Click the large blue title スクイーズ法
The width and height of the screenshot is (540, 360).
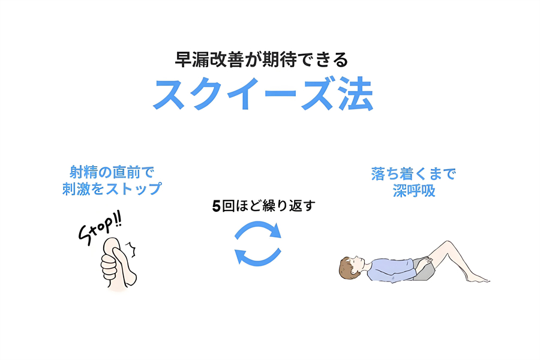[263, 93]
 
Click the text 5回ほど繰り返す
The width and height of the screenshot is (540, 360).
[263, 206]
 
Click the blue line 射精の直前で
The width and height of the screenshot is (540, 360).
[112, 173]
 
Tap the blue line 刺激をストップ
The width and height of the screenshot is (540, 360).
[112, 188]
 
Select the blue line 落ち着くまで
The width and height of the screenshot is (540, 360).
[414, 175]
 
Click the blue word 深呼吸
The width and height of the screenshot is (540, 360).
[414, 191]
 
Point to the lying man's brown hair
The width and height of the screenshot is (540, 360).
[347, 266]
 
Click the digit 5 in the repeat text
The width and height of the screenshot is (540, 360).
[217, 206]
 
